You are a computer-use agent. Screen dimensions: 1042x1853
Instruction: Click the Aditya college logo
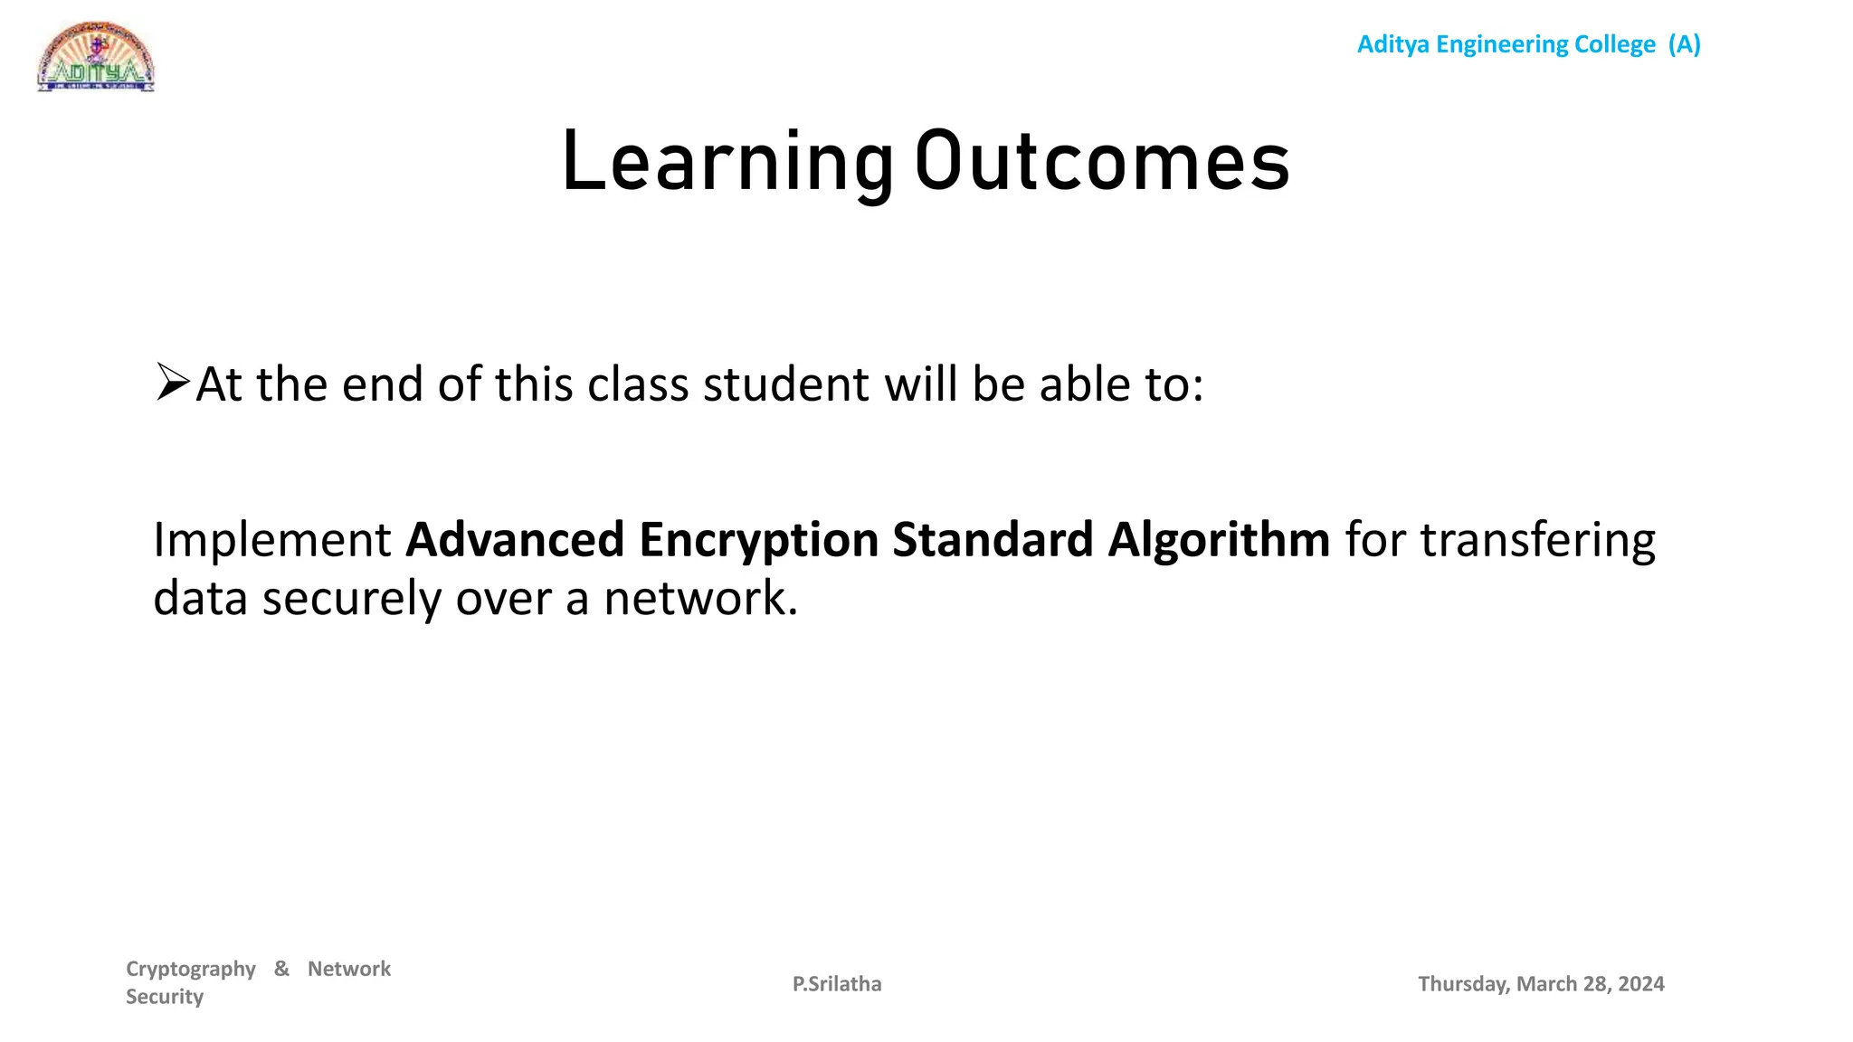96,58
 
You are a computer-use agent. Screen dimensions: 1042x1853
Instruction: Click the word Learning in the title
727,163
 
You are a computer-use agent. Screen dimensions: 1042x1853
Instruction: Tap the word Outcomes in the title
1102,163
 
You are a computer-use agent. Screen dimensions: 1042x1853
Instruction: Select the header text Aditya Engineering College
1506,44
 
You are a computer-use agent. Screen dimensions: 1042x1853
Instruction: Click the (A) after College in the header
1684,44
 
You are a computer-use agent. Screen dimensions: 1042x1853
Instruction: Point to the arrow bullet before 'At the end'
172,382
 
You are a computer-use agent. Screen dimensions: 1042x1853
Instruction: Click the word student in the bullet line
785,384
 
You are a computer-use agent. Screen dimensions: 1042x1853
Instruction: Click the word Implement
271,540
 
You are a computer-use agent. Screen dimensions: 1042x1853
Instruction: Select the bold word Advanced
515,540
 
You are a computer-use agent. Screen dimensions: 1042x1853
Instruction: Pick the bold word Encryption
758,540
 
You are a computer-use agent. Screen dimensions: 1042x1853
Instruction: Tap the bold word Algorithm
1219,540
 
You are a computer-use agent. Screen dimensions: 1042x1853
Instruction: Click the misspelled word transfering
1537,540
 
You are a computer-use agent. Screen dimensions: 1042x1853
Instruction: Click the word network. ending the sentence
700,599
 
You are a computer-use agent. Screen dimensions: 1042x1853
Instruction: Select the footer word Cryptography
191,969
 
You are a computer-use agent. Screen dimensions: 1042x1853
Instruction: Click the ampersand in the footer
281,969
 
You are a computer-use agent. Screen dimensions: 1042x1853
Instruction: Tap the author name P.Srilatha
837,984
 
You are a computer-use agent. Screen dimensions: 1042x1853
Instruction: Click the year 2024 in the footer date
1641,984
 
